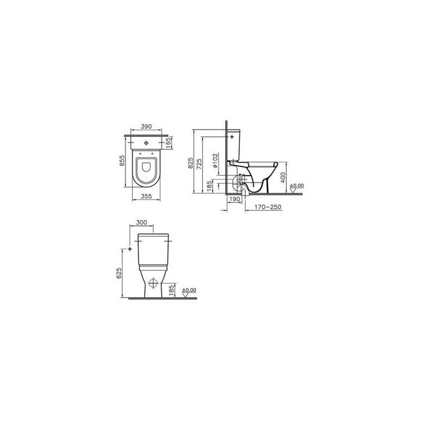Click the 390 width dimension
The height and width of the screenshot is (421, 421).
tap(146, 126)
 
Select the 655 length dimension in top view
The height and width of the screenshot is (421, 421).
tap(122, 161)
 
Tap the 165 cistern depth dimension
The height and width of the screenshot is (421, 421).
tap(168, 143)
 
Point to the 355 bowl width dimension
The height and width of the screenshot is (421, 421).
tap(146, 196)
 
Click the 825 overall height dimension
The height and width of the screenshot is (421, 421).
tap(191, 163)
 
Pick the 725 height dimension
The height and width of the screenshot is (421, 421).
tap(199, 164)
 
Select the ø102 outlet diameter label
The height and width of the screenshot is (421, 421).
tap(215, 161)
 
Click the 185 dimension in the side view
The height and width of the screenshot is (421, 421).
tap(209, 186)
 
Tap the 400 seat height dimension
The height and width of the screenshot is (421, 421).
tap(283, 177)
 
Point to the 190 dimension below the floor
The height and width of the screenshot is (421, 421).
tap(235, 199)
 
